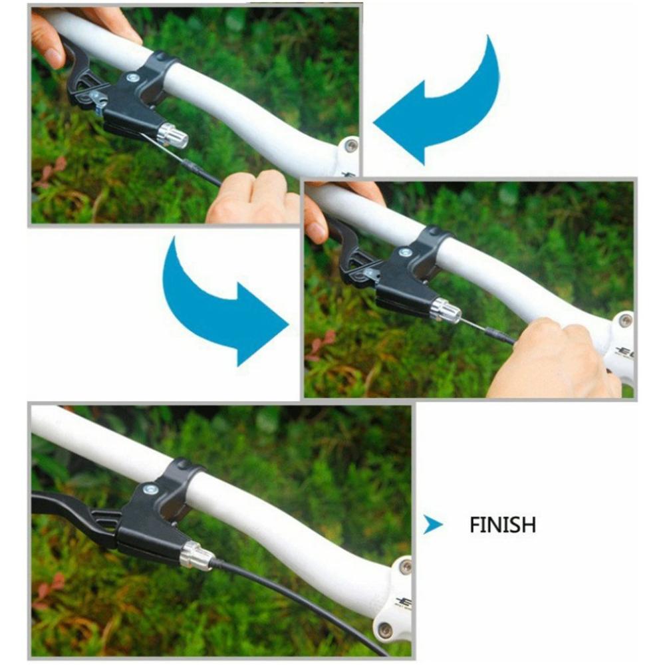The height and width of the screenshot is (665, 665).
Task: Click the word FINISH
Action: (x=502, y=525)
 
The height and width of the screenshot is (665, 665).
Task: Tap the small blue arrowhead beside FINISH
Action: (x=433, y=525)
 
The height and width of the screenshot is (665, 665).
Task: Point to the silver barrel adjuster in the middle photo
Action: (x=445, y=310)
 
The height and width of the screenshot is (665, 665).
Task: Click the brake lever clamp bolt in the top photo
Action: (x=132, y=78)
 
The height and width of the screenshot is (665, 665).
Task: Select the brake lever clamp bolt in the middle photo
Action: (x=404, y=253)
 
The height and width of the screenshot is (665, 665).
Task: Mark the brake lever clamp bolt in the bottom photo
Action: (x=151, y=489)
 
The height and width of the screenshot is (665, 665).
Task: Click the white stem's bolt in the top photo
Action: (x=351, y=146)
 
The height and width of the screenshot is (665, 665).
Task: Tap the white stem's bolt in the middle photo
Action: (x=624, y=321)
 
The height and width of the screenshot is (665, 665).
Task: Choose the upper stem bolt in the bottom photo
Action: (x=404, y=567)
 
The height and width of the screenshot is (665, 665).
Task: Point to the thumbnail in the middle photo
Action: (x=317, y=231)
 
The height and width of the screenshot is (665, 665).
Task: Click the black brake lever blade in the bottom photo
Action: (x=66, y=507)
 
